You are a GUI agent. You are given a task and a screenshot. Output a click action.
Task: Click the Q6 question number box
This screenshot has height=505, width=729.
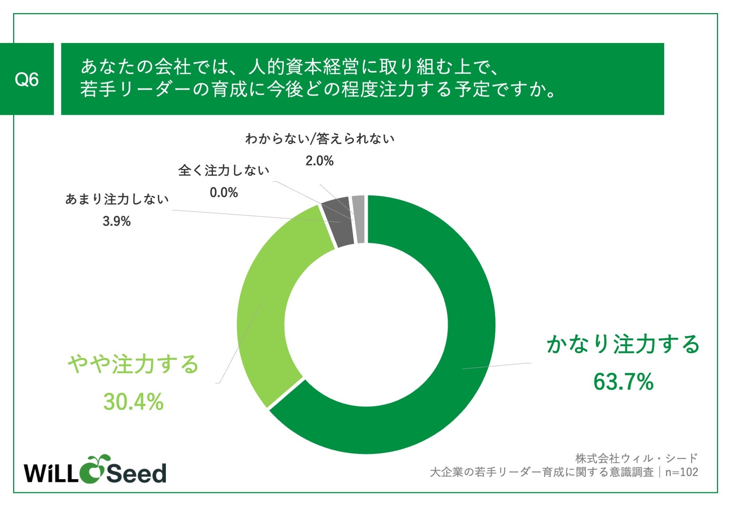pyautogui.click(x=27, y=79)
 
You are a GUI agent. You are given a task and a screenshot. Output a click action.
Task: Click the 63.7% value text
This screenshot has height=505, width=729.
pyautogui.click(x=623, y=382)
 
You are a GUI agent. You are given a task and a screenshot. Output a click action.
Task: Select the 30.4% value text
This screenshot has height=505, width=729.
pyautogui.click(x=133, y=402)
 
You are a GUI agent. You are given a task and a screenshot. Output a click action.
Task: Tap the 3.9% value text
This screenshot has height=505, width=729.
pyautogui.click(x=117, y=221)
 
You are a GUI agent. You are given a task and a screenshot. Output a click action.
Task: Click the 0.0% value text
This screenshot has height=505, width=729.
pyautogui.click(x=224, y=193)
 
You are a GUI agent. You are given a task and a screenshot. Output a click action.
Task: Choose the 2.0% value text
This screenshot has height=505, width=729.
pyautogui.click(x=319, y=161)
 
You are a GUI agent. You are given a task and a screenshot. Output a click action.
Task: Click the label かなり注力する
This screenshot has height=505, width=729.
pyautogui.click(x=623, y=344)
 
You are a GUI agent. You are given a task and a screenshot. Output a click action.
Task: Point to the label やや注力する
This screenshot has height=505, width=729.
pyautogui.click(x=133, y=364)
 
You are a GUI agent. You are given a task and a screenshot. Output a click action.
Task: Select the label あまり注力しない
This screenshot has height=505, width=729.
pyautogui.click(x=117, y=199)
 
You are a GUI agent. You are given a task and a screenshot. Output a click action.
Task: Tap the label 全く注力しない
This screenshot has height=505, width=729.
pyautogui.click(x=224, y=170)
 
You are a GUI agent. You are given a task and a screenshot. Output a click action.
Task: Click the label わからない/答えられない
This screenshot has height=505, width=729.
pyautogui.click(x=320, y=139)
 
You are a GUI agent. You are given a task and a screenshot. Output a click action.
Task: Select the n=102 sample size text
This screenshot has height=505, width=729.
pyautogui.click(x=681, y=472)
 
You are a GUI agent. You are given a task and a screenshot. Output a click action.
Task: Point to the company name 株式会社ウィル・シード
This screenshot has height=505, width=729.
pyautogui.click(x=636, y=458)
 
